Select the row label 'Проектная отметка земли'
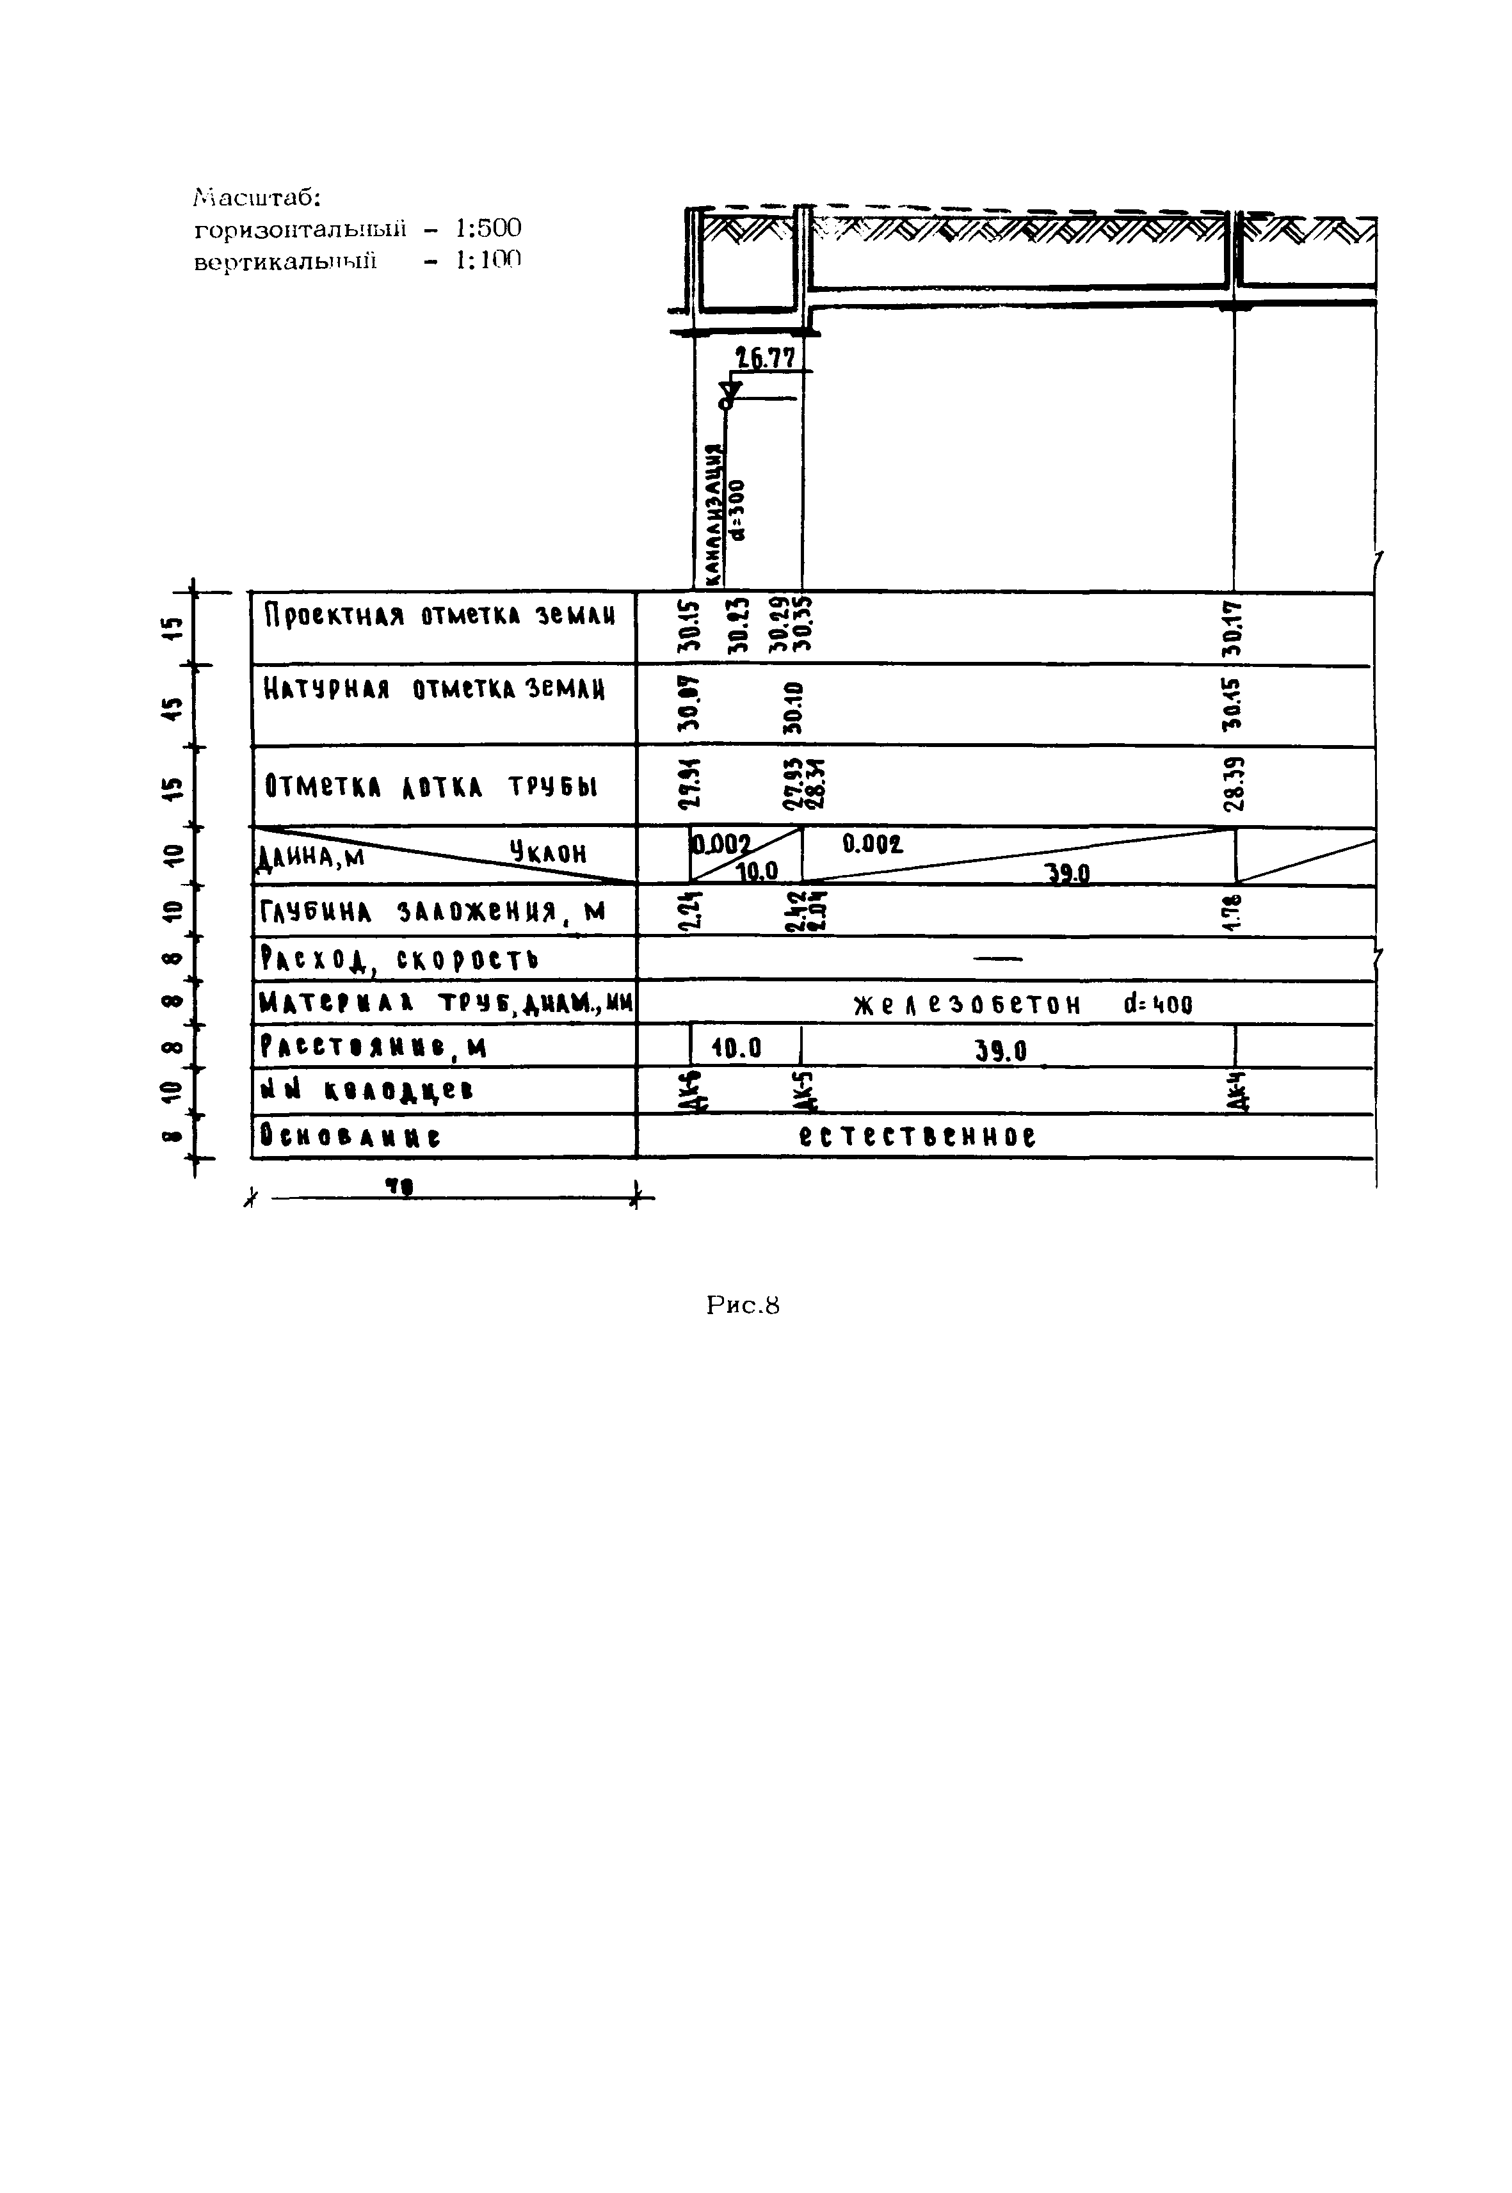440,616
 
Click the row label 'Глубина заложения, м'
432,912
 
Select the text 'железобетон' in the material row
967,1004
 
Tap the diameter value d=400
1157,1004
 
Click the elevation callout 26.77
766,358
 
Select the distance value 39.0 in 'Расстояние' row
1001,1050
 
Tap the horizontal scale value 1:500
488,229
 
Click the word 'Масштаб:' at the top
258,198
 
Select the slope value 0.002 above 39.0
873,844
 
